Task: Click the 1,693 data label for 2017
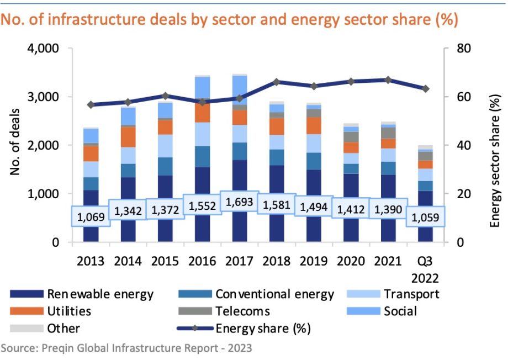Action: (x=239, y=202)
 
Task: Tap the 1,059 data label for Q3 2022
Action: (x=425, y=217)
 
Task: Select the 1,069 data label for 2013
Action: (x=91, y=216)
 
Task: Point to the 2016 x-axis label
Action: (x=202, y=261)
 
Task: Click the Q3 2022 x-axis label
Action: (x=425, y=269)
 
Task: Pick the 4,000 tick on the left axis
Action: (x=43, y=48)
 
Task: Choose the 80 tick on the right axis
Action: (x=463, y=48)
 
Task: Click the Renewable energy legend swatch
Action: (x=27, y=294)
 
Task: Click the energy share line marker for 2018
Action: (x=276, y=82)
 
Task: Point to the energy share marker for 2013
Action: (x=91, y=105)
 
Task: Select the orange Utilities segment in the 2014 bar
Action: (x=128, y=137)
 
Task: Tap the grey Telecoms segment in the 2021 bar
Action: (x=388, y=133)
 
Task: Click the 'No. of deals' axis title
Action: (x=15, y=142)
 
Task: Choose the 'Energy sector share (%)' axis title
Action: (x=495, y=161)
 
